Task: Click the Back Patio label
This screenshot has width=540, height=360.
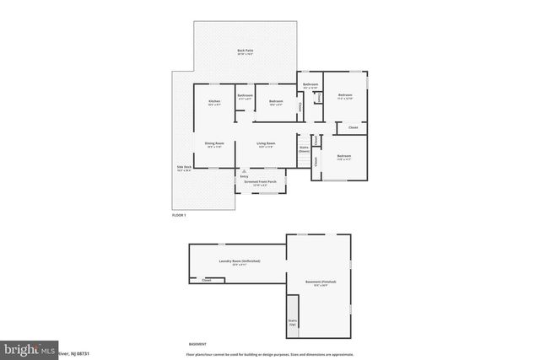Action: pos(246,53)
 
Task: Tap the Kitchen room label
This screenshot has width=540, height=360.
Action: pos(214,103)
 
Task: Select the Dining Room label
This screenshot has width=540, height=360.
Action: pos(214,144)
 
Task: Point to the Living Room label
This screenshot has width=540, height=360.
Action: pos(266,144)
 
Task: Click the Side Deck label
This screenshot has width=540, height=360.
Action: pos(185,168)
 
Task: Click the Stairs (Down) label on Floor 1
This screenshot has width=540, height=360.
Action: pos(304,149)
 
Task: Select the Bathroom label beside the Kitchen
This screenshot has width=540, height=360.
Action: pos(245,96)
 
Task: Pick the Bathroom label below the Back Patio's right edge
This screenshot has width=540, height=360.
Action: pos(310,84)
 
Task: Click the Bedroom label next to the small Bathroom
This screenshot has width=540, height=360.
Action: pos(277,103)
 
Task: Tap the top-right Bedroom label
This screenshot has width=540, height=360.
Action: pos(345,96)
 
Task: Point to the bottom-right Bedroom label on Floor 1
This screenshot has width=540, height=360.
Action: pos(344,157)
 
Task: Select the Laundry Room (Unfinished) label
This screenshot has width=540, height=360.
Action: pos(239,261)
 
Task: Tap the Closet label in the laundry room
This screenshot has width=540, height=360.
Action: pos(207,280)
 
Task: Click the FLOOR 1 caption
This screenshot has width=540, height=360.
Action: pos(178,216)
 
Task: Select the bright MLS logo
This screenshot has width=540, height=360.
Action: pos(29,348)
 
